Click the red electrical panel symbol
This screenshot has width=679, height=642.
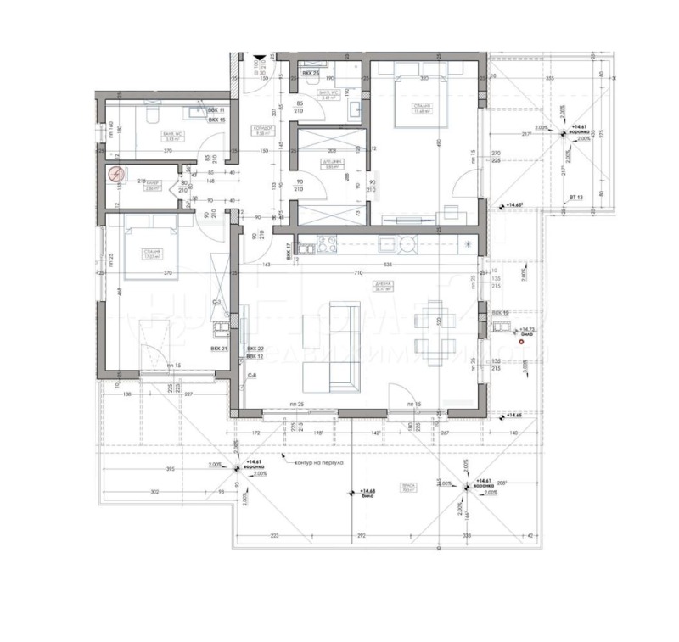[x=115, y=176]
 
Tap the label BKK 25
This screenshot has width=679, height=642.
[x=310, y=75]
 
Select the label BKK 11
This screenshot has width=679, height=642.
[x=216, y=111]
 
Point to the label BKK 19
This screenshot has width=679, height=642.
[x=501, y=313]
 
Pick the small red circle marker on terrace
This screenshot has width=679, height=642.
[x=534, y=342]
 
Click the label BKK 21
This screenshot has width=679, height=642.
[x=220, y=349]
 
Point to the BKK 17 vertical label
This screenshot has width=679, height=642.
[x=289, y=248]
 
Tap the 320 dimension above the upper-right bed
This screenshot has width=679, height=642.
[x=422, y=79]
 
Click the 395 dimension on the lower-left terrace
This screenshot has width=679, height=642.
[x=169, y=469]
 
